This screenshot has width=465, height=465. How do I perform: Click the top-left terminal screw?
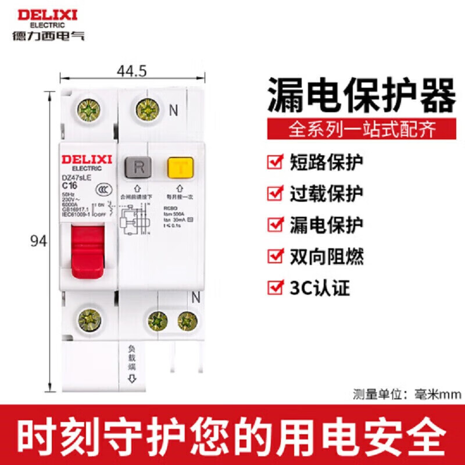[89, 109]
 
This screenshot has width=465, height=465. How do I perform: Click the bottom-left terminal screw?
[88, 320]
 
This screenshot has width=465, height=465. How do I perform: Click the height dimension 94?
[38, 241]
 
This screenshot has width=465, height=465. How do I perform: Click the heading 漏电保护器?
[360, 96]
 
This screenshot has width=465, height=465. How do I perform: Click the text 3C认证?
[320, 287]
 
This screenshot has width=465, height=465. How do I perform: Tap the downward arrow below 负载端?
[132, 379]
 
